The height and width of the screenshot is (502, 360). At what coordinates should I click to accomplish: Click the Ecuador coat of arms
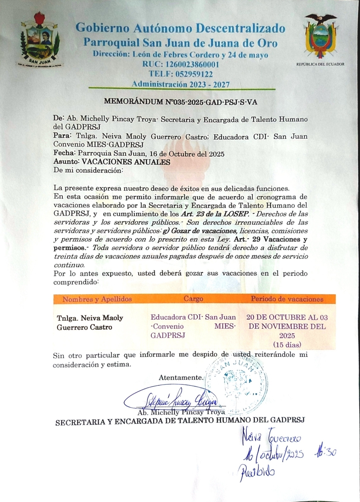tap(320, 37)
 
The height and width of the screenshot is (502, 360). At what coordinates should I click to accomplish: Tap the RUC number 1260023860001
tap(181, 64)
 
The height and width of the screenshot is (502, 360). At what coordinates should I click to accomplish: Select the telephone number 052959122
tap(181, 74)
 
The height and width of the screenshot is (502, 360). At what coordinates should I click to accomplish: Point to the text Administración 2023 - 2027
tap(181, 84)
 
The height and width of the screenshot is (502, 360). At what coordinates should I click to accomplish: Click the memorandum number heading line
tap(181, 102)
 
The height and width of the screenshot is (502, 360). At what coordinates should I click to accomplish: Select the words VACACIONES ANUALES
tap(126, 162)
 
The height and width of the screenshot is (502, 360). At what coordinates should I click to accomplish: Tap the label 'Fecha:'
tap(65, 154)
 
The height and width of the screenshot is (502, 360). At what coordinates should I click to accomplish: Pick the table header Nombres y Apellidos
tap(97, 299)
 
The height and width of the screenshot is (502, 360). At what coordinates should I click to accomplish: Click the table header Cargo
tap(193, 299)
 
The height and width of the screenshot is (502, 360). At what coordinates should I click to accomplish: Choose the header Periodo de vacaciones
tap(287, 299)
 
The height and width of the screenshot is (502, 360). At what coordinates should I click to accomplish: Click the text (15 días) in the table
tap(287, 344)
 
